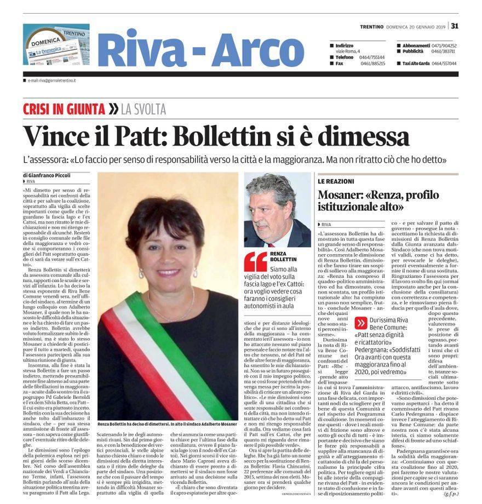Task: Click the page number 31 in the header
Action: click(x=455, y=26)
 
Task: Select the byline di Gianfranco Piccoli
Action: click(x=46, y=175)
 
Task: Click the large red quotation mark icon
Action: click(x=255, y=262)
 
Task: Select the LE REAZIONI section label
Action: click(x=336, y=181)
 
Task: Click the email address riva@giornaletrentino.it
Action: click(x=52, y=81)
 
